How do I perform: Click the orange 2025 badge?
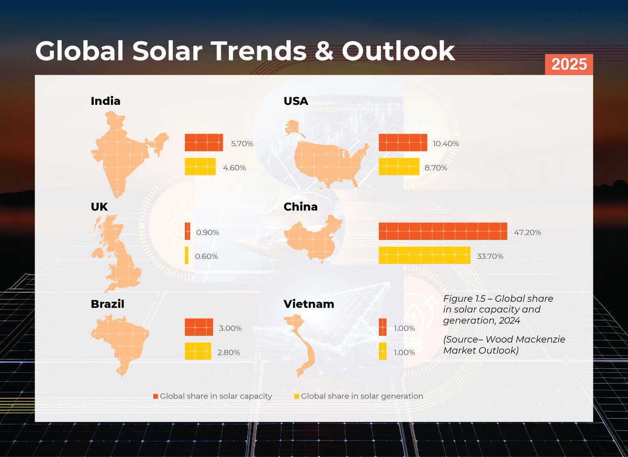(568, 64)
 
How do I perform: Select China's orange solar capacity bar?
(443, 231)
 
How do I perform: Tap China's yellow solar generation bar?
(424, 256)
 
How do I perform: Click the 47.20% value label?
(527, 232)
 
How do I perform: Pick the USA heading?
(296, 101)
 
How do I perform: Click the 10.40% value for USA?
(445, 143)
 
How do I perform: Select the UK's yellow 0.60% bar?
(186, 256)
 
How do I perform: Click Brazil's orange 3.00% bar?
(199, 327)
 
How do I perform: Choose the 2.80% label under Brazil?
(228, 353)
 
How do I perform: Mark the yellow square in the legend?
(297, 397)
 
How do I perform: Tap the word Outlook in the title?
(398, 51)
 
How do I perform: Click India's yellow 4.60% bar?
(200, 167)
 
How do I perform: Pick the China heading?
(300, 207)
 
